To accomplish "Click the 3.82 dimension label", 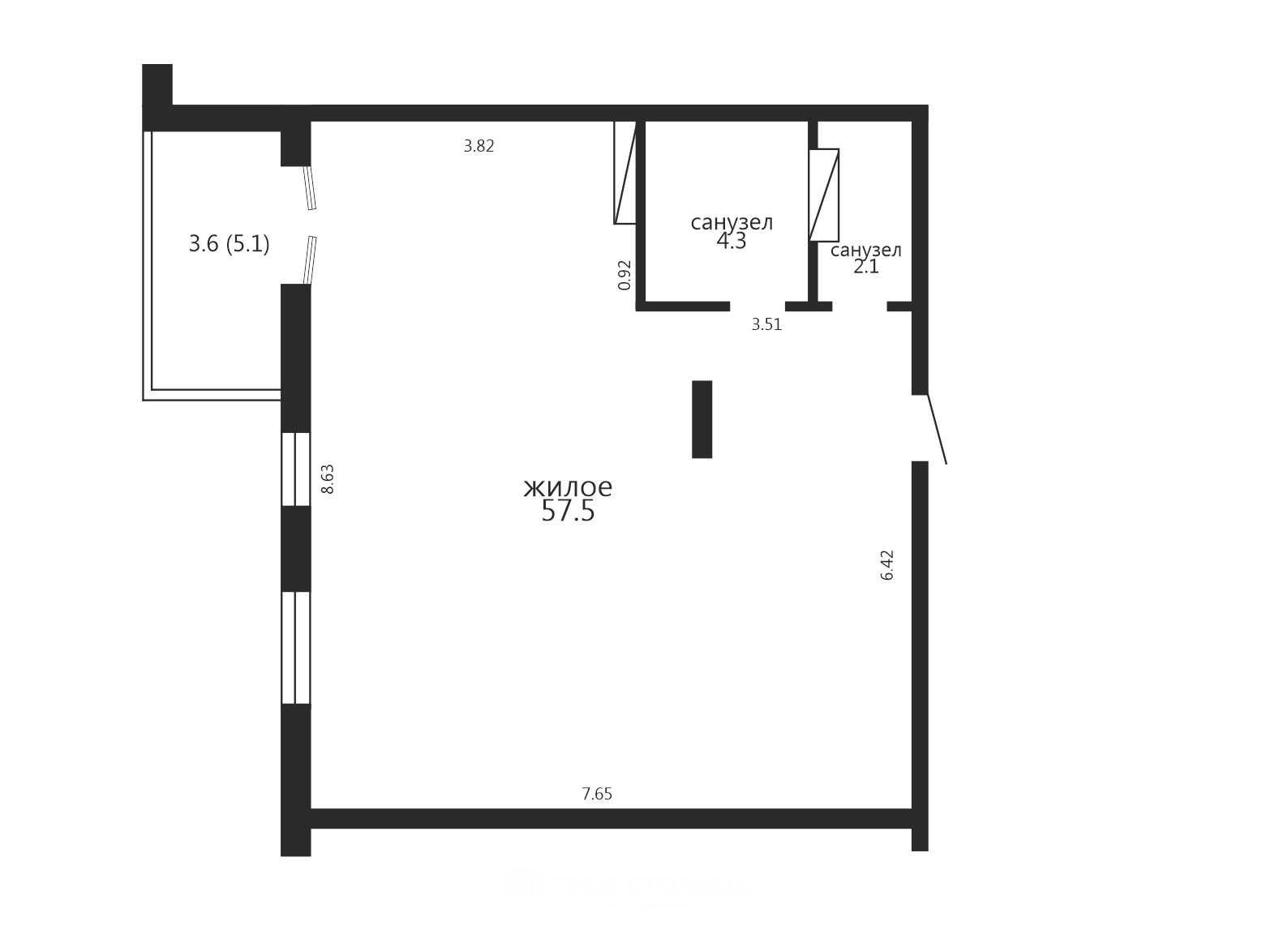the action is [x=479, y=146].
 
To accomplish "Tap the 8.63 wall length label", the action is [x=327, y=479].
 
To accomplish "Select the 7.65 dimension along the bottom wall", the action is [x=597, y=794].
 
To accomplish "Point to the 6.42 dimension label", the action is [x=887, y=565].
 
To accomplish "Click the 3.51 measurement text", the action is [x=767, y=324].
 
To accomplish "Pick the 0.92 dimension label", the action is [x=625, y=275].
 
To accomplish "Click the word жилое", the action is [x=568, y=487].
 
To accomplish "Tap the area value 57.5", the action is [x=568, y=511].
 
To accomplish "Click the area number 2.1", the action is [x=866, y=267].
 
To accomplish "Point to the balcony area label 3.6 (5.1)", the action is [x=229, y=244].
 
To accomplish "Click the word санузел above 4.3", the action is [x=732, y=222].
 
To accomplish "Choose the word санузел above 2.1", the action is [x=866, y=251].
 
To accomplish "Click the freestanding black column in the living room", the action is [x=702, y=419].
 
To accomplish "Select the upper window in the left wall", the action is [x=295, y=469].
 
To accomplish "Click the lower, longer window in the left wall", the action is [x=295, y=648].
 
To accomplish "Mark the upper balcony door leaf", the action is [x=311, y=188].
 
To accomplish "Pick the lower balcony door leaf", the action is [x=310, y=259].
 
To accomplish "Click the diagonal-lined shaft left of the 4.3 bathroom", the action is [x=625, y=173].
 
